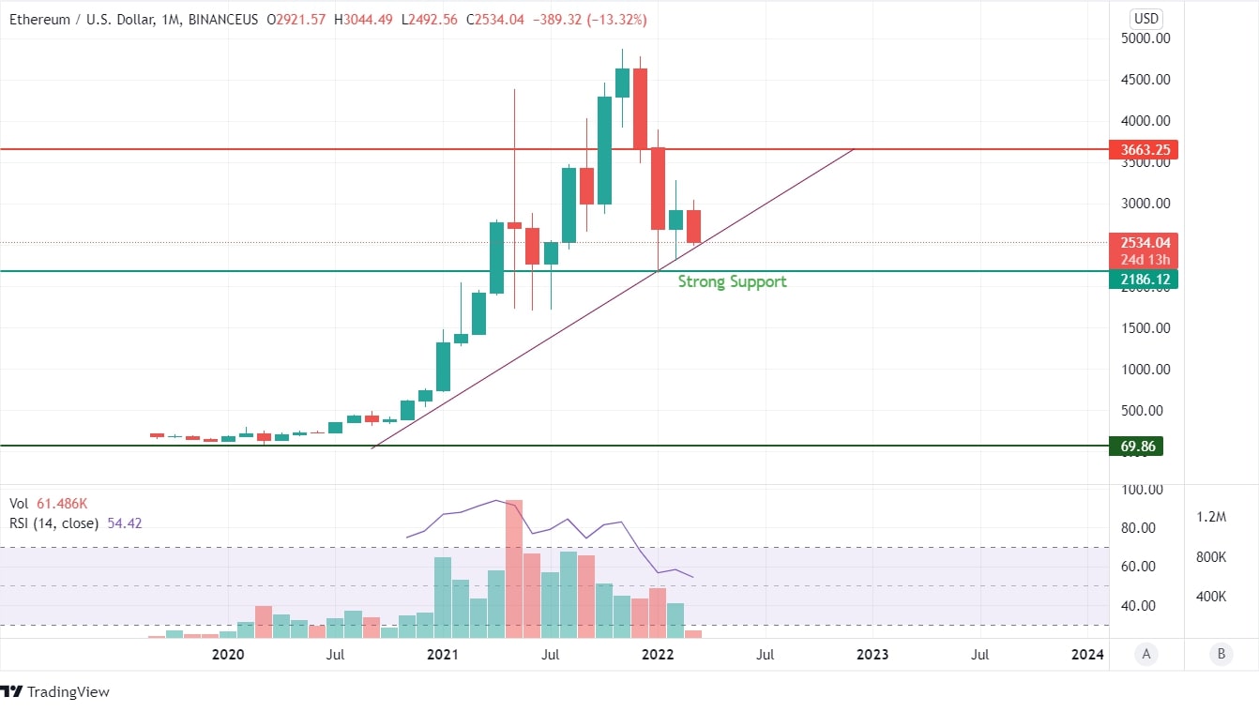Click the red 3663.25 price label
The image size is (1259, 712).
[1143, 150]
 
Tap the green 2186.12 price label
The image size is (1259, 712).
[1143, 280]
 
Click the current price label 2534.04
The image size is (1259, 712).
[1143, 243]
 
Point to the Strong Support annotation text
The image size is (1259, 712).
[732, 281]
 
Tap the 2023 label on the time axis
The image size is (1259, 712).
[872, 654]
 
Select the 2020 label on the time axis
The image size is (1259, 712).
[228, 654]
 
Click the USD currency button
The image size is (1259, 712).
[1145, 18]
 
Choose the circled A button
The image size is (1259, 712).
[1145, 655]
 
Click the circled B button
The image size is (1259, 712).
[1221, 655]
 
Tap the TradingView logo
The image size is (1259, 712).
[55, 692]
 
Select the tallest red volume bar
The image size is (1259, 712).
[513, 568]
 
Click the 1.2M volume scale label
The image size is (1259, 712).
[1211, 517]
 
